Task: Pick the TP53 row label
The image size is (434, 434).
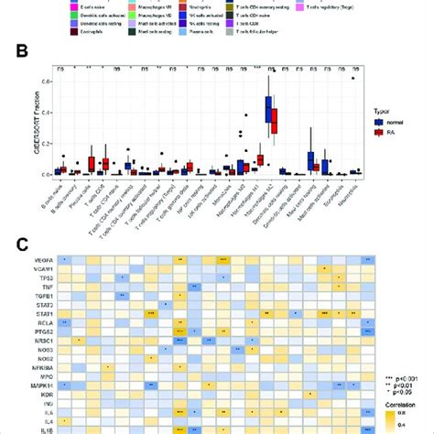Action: coord(44,277)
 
